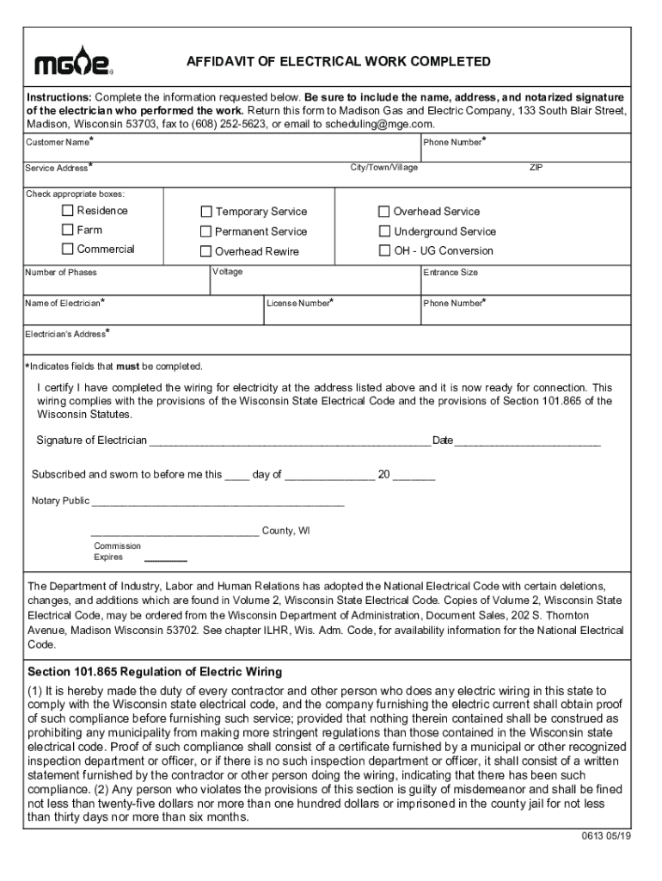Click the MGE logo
pyautogui.click(x=73, y=60)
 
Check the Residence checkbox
pyautogui.click(x=67, y=211)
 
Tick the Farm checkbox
pyautogui.click(x=67, y=231)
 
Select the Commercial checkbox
pyautogui.click(x=67, y=250)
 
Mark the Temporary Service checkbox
pyautogui.click(x=206, y=212)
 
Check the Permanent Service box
pyautogui.click(x=206, y=231)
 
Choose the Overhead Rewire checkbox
pyautogui.click(x=206, y=251)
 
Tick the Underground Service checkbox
pyautogui.click(x=384, y=231)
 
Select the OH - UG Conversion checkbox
pyautogui.click(x=384, y=251)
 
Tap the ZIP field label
pyautogui.click(x=536, y=167)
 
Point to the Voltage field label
pyautogui.click(x=228, y=272)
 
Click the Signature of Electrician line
pyautogui.click(x=289, y=442)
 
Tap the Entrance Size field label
pyautogui.click(x=451, y=272)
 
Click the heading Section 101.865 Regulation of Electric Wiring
pyautogui.click(x=155, y=671)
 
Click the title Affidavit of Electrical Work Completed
pyautogui.click(x=339, y=62)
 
